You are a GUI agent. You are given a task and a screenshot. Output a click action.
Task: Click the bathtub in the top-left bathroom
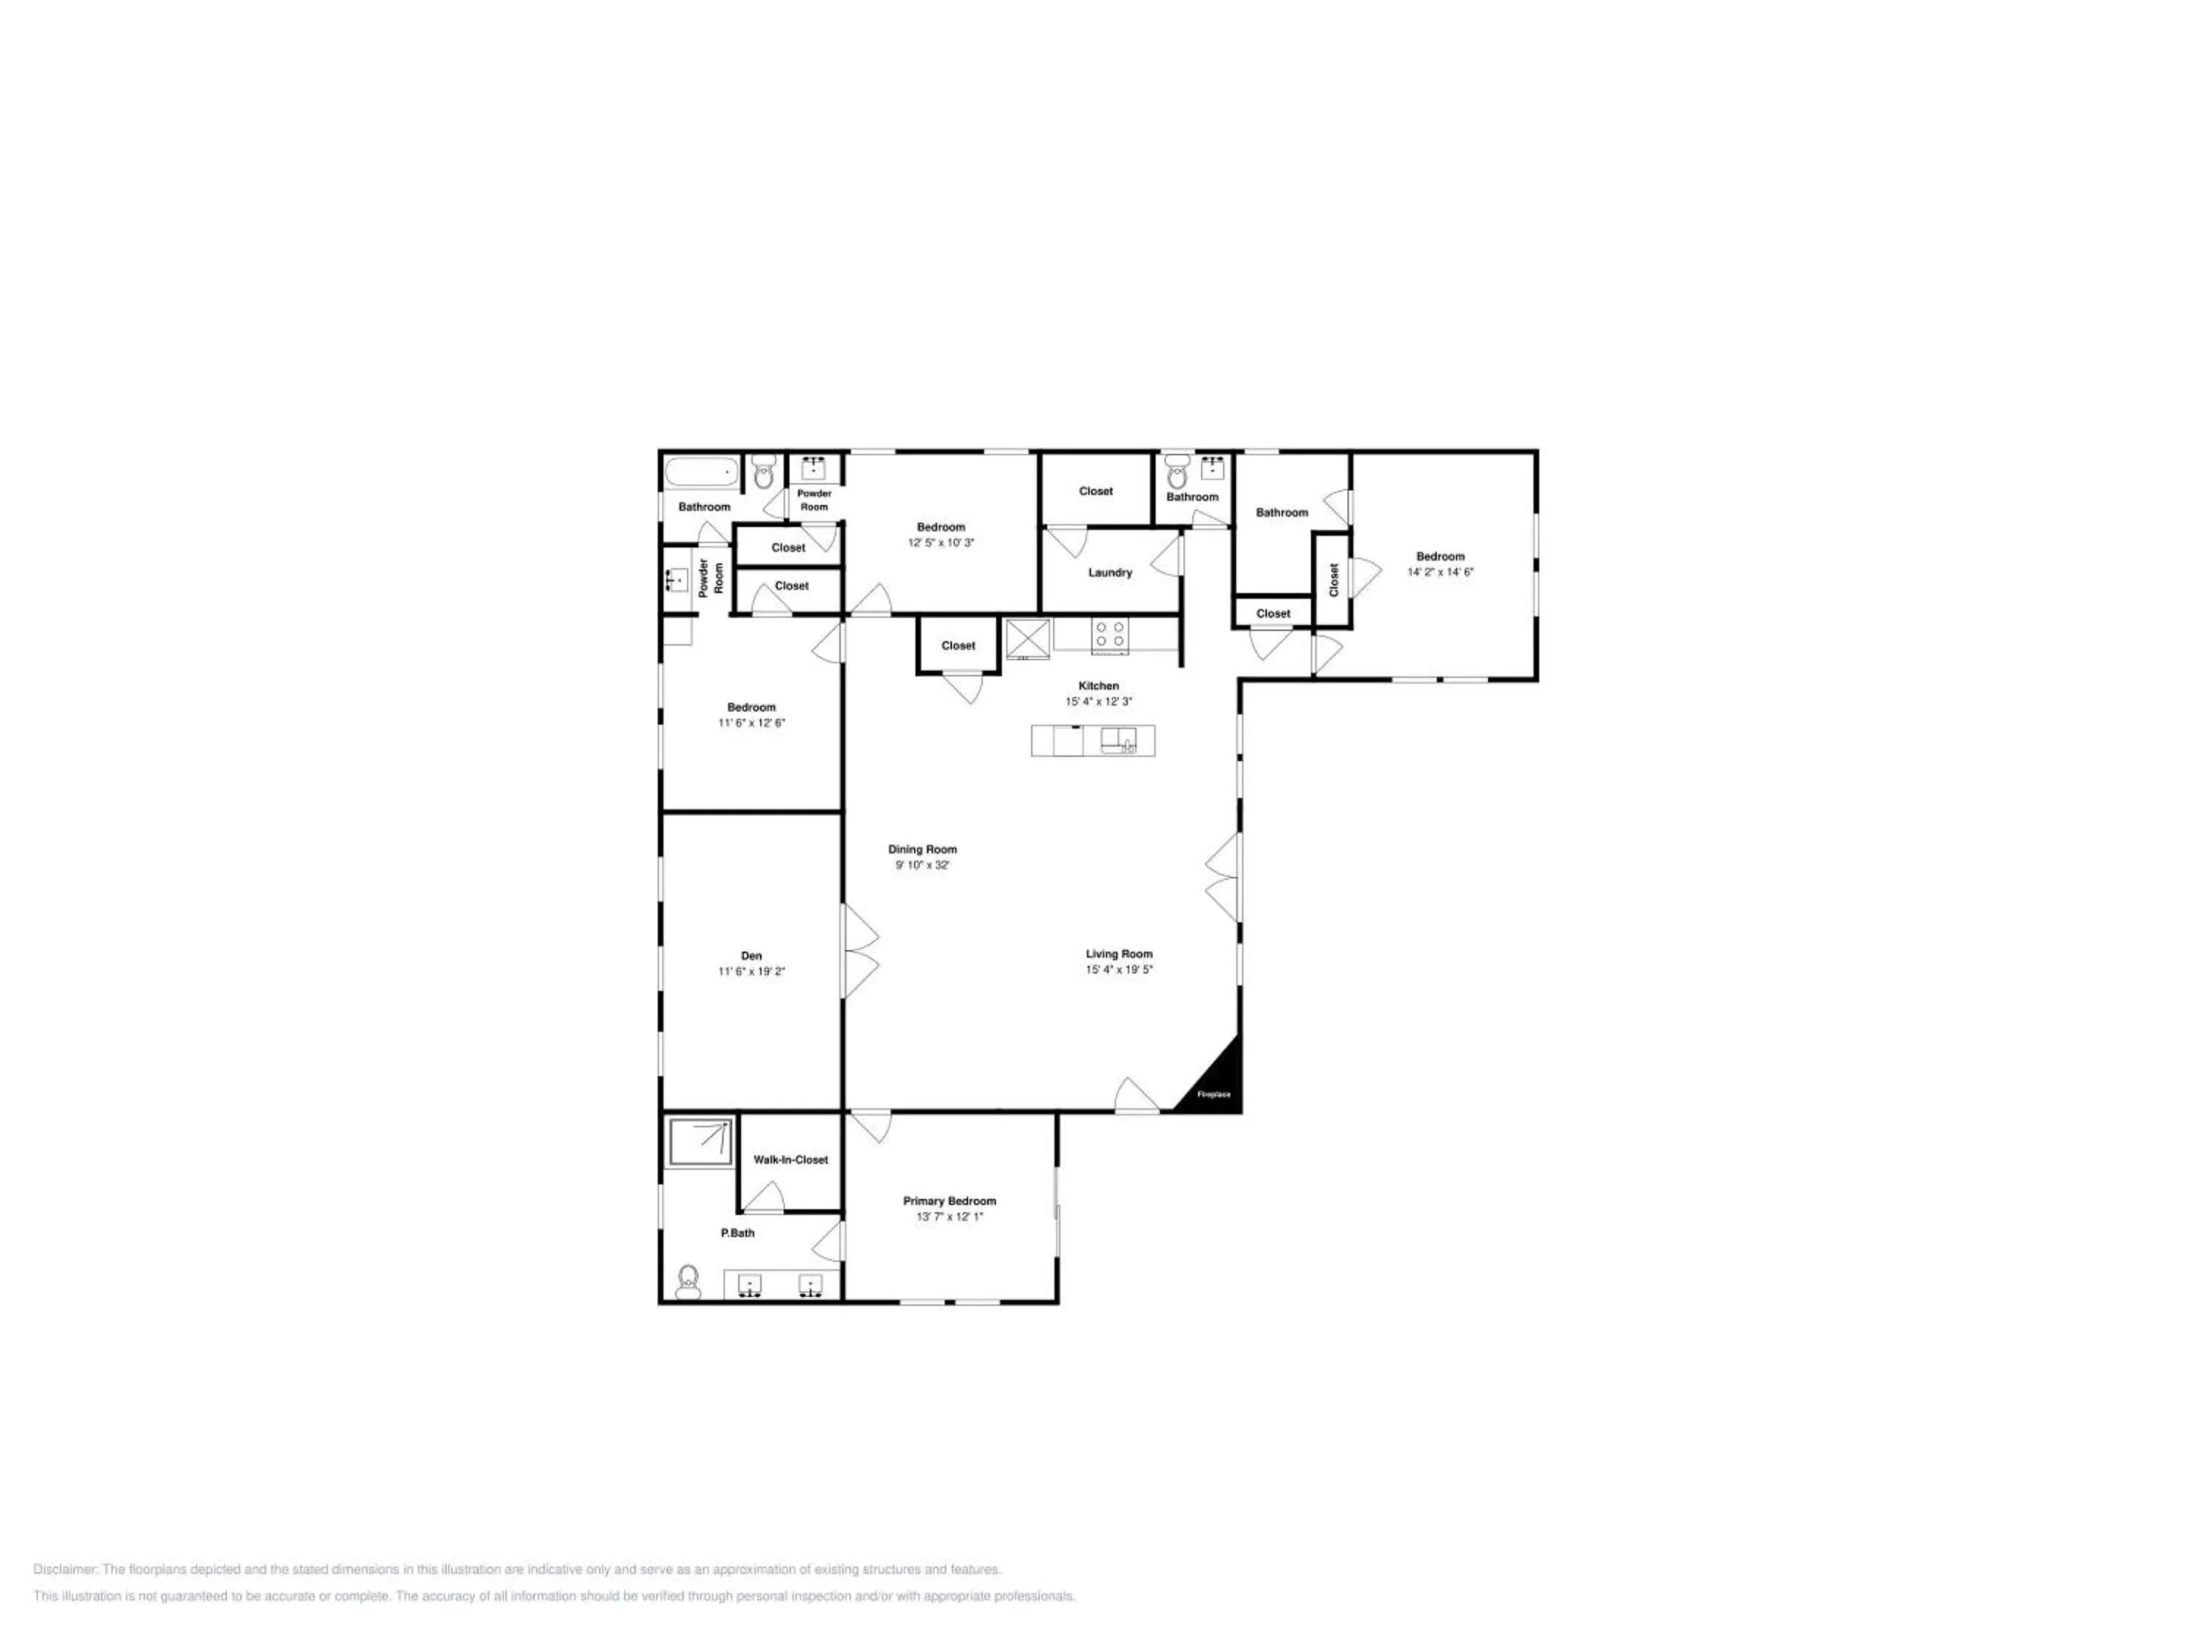702,471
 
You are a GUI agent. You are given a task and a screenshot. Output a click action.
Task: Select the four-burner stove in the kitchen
1109,635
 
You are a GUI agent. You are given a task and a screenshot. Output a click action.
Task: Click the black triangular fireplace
1213,1076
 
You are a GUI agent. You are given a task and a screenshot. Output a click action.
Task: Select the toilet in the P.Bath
688,1282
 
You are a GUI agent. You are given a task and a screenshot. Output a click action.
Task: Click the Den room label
752,956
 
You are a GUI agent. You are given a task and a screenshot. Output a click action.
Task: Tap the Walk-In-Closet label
791,1159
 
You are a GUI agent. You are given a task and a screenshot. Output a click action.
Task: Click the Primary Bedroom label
950,1201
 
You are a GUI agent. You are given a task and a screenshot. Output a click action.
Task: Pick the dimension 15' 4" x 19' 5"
1119,970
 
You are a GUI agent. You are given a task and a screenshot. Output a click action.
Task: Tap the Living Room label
1119,954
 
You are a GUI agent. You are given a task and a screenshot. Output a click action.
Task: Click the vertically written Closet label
1334,580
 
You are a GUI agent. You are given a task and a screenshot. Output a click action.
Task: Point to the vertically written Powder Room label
711,578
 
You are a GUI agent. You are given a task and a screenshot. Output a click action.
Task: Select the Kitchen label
1098,686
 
